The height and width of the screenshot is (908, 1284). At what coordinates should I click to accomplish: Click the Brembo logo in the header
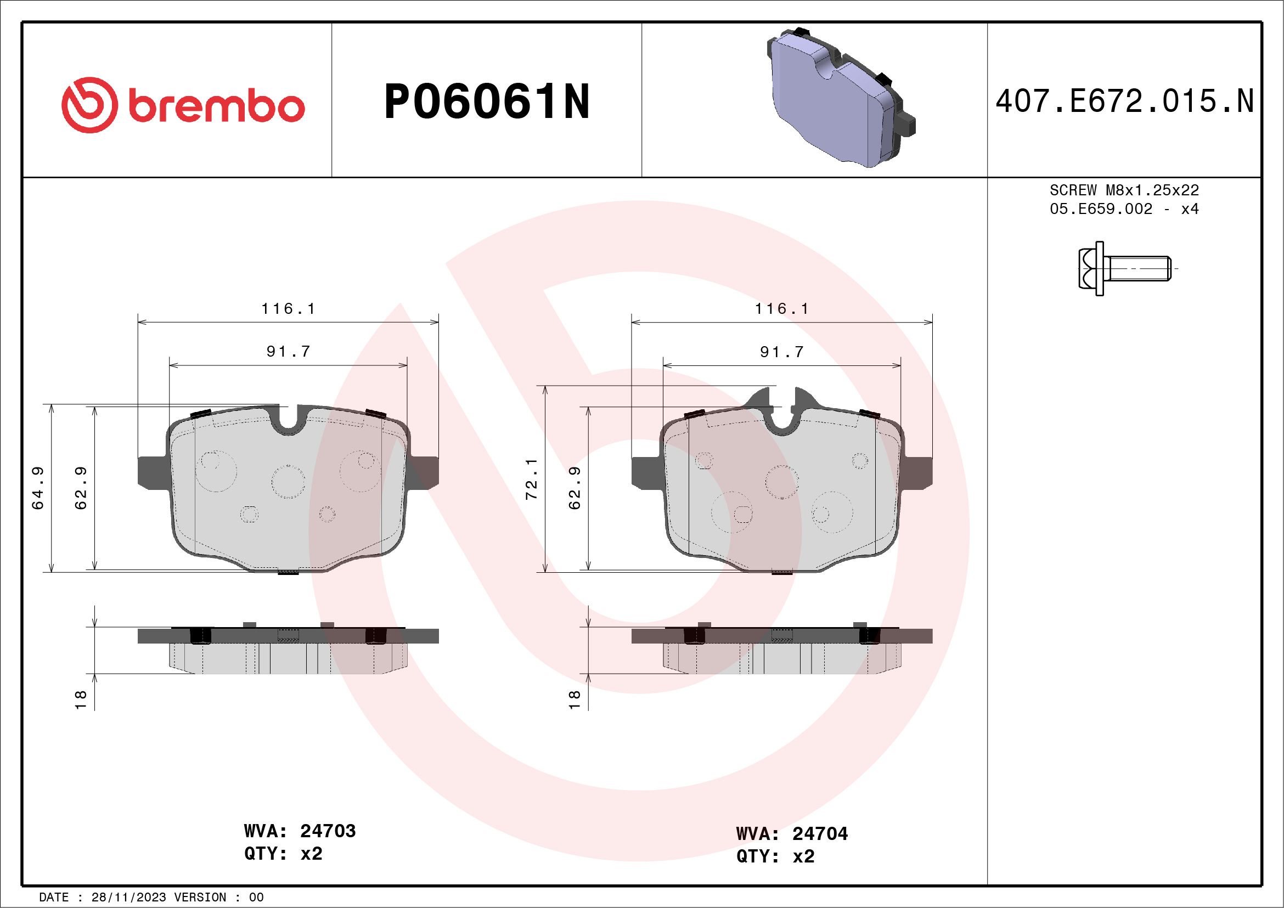coord(183,105)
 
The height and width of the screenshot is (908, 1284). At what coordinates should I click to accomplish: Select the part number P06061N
coord(487,101)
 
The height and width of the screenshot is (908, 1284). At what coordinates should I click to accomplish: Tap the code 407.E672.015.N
coord(1124,101)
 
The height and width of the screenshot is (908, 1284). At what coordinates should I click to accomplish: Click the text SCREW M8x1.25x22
coord(1124,190)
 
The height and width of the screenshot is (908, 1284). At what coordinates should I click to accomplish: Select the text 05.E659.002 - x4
coord(1124,209)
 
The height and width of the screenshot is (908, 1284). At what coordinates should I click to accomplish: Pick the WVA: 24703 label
coord(300,831)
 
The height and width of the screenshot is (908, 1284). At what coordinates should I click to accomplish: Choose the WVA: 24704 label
coord(792,833)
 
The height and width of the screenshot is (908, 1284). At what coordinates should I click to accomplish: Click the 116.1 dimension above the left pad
coord(288,309)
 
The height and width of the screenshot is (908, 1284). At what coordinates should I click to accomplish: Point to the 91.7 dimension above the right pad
coord(781,352)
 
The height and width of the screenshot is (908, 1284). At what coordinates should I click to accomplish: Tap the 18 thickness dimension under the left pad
coord(81,700)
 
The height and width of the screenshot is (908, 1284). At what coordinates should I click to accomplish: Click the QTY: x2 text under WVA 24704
coord(775,856)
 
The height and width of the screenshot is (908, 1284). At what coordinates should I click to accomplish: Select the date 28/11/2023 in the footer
coord(128,898)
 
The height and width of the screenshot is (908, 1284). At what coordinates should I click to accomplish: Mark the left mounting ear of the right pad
coord(645,471)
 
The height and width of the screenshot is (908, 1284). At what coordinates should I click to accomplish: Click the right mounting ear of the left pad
coord(425,471)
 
